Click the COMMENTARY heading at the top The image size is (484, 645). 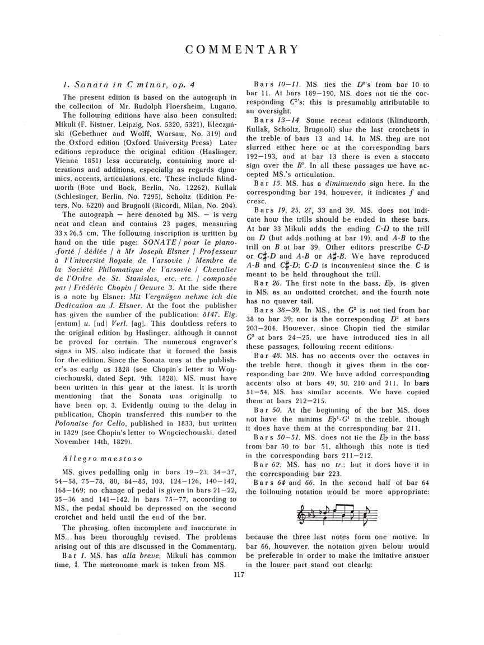(x=242, y=49)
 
